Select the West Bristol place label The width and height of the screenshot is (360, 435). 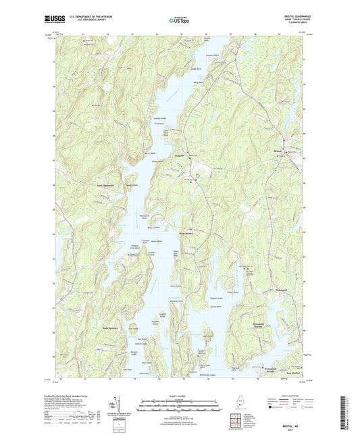tap(187, 234)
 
